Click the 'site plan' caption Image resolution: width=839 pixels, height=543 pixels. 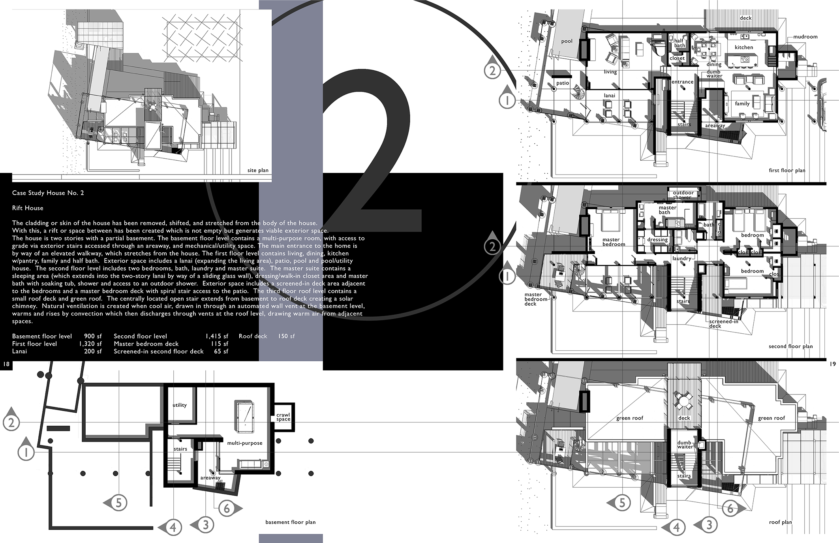(258, 171)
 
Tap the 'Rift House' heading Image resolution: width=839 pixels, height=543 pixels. (28, 208)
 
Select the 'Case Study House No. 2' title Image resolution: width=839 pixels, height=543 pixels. (48, 193)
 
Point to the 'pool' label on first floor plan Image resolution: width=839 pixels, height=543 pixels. (567, 41)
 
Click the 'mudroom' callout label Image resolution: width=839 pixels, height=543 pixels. (805, 37)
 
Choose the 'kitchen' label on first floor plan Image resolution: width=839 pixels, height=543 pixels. (744, 47)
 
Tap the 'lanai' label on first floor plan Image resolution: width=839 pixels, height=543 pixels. (610, 96)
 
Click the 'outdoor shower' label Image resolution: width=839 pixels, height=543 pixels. (683, 195)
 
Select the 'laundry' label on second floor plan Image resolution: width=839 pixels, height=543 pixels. (682, 259)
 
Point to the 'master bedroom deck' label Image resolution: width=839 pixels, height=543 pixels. (536, 299)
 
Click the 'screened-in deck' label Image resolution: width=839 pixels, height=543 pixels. (723, 324)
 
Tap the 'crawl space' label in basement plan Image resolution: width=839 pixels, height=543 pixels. (283, 417)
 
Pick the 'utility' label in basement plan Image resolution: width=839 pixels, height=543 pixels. (180, 405)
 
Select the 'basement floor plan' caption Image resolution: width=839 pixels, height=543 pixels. (291, 522)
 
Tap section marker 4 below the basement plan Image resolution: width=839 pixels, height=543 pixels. (170, 527)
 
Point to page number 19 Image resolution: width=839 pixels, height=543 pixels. (833, 364)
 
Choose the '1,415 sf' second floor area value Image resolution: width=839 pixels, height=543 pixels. (217, 336)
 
